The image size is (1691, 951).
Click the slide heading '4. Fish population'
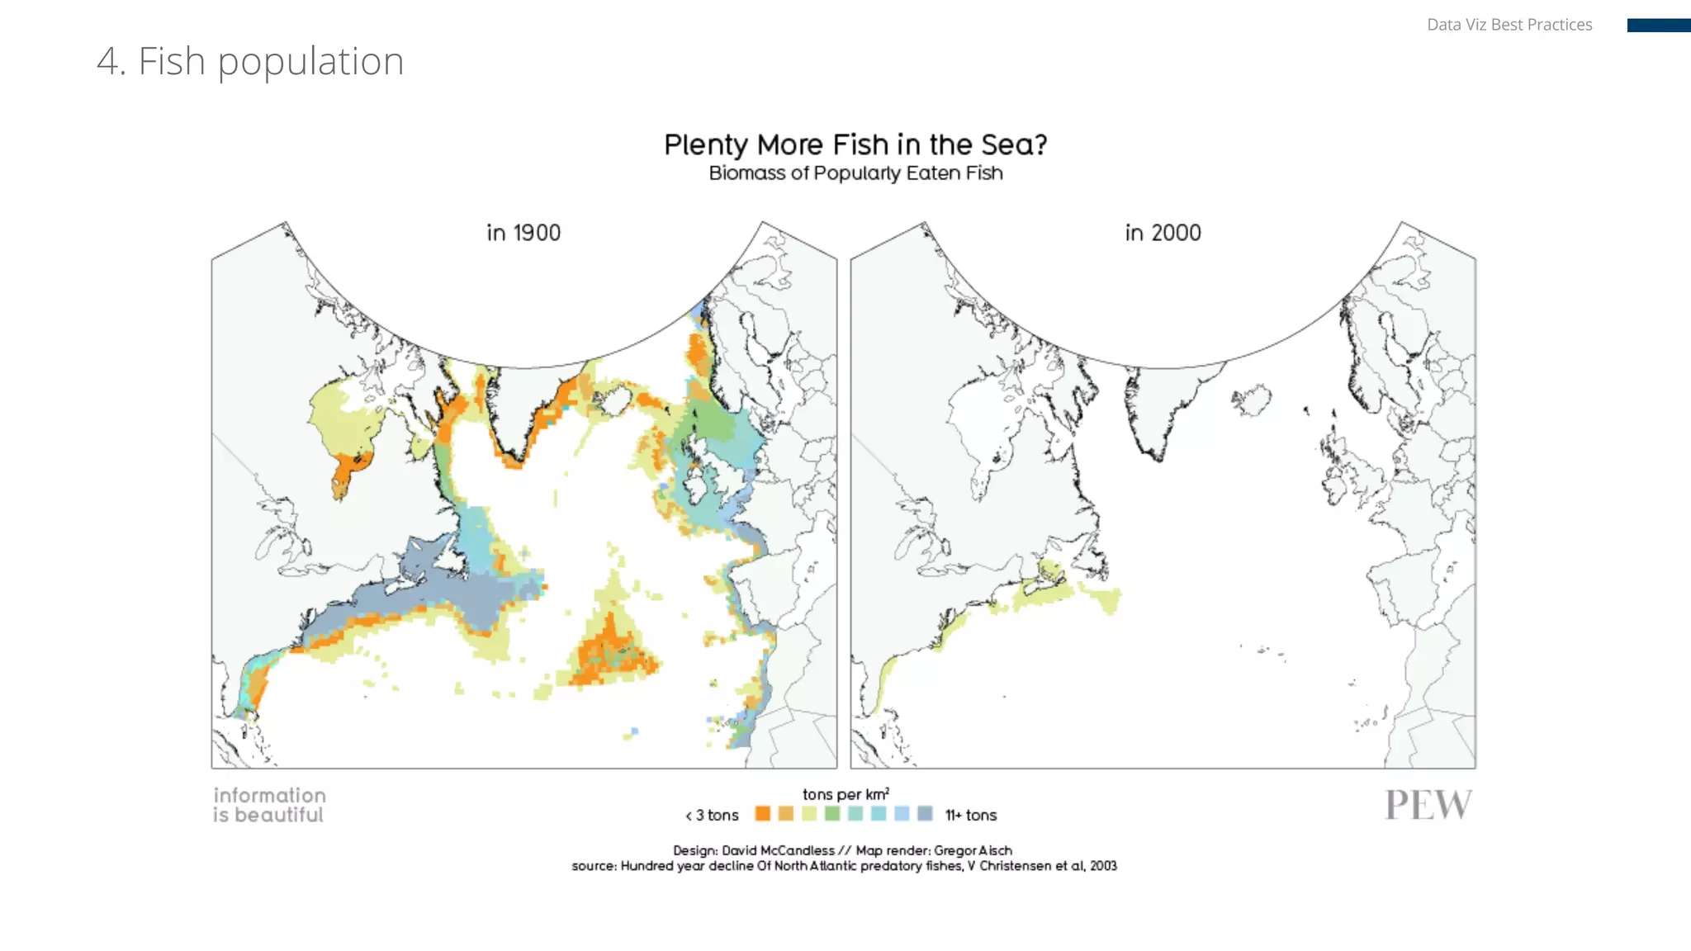click(250, 61)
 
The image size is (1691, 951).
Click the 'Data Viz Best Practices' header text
click(1509, 25)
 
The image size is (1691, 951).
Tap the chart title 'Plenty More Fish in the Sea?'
click(855, 144)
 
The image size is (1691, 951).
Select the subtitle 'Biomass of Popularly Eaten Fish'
click(855, 173)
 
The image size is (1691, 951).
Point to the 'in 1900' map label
click(523, 233)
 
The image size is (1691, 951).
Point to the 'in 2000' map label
click(1163, 233)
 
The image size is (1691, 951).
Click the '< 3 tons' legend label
click(713, 816)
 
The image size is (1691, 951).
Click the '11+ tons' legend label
click(971, 816)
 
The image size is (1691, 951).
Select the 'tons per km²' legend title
click(845, 794)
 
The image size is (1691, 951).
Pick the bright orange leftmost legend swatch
click(762, 814)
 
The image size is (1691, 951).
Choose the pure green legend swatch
click(832, 814)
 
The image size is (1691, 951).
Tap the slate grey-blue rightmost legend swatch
click(925, 814)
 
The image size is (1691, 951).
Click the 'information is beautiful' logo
click(269, 805)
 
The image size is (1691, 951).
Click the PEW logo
click(1428, 805)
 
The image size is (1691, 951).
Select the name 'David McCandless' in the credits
click(778, 850)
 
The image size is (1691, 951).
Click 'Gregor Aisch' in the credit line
click(973, 850)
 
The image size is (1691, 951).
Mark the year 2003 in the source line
click(1103, 866)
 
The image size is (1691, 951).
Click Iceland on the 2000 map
click(1253, 400)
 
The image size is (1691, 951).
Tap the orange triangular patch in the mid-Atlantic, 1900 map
click(611, 652)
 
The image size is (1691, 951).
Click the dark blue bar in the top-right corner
click(1658, 26)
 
